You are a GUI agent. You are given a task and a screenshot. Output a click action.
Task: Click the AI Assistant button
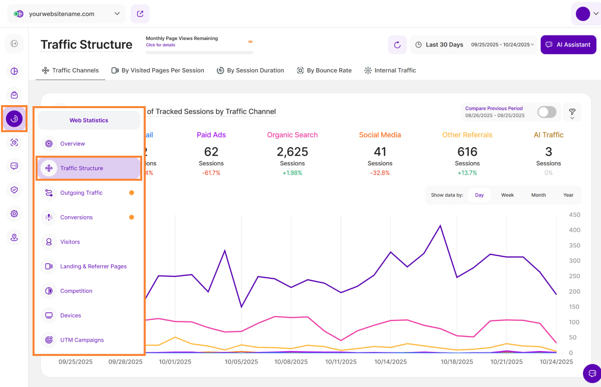tap(568, 45)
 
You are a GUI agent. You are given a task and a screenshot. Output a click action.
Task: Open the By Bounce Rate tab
tap(324, 71)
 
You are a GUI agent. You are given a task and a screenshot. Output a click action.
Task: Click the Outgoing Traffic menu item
tap(81, 193)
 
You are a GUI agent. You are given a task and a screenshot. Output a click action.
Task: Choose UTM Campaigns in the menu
tap(82, 340)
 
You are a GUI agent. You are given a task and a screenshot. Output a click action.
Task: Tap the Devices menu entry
tap(71, 315)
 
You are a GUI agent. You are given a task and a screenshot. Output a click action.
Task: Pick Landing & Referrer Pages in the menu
tap(93, 266)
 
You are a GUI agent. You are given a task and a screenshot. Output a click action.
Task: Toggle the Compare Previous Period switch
tap(546, 112)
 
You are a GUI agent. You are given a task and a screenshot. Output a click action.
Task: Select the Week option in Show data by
tap(507, 195)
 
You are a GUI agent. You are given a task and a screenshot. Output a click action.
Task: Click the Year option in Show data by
tap(568, 195)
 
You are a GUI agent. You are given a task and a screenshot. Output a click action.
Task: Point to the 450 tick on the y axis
tap(574, 215)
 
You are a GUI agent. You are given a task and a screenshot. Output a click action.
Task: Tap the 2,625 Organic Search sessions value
tap(292, 152)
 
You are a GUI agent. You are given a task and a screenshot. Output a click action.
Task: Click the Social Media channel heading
tap(380, 135)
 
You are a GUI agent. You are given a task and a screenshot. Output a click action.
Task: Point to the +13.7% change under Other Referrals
tap(467, 173)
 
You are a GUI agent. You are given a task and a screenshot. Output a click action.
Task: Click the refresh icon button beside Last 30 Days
tap(397, 45)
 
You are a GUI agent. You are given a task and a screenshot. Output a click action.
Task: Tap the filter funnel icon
tap(572, 112)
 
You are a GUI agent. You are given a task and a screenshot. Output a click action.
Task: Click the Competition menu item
tap(76, 291)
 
